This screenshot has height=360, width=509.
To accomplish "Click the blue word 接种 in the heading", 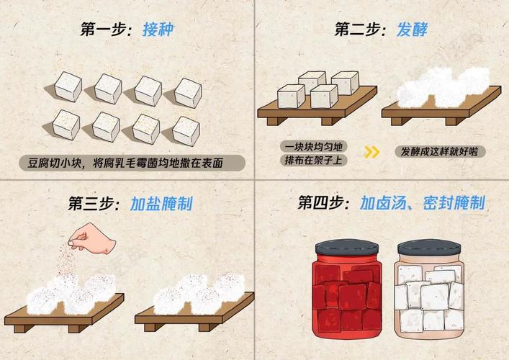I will tap(158, 30).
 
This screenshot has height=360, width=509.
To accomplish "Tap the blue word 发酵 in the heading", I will tap(413, 30).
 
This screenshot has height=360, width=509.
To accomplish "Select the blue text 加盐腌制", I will tap(161, 204).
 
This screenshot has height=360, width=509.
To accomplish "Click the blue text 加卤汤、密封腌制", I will tap(423, 204).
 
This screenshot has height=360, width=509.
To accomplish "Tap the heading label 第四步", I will tap(324, 204).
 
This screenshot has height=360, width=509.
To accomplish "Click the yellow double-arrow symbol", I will tap(371, 152).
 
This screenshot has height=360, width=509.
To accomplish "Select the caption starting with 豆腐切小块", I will tap(130, 163).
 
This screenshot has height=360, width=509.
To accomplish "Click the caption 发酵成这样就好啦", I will tap(438, 152).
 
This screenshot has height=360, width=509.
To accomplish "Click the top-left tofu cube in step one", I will tap(67, 86).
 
